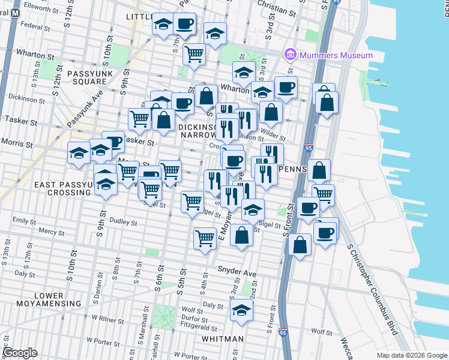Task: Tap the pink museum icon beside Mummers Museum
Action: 292,55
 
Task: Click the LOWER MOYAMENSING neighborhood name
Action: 49,299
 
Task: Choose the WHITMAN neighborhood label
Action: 222,339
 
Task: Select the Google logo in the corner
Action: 19,353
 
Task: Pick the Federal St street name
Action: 34,26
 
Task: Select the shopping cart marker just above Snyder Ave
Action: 205,239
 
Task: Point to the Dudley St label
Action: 124,223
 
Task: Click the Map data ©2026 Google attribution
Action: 412,355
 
